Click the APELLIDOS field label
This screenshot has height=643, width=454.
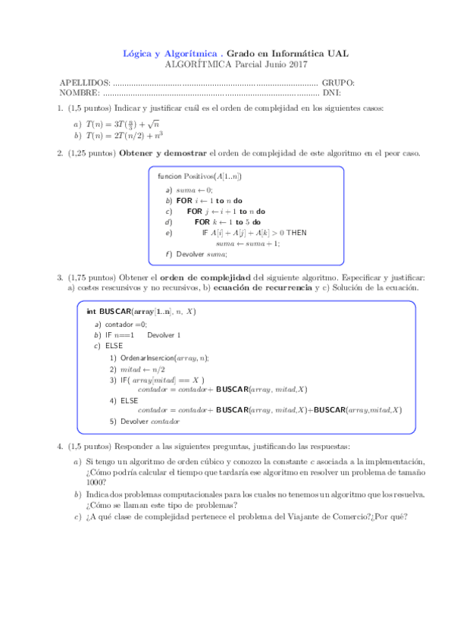(84, 82)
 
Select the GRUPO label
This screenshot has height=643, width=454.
(338, 82)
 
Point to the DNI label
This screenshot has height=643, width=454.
(331, 93)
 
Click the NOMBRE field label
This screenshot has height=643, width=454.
(80, 93)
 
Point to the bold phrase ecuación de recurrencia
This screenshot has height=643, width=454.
(262, 289)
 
